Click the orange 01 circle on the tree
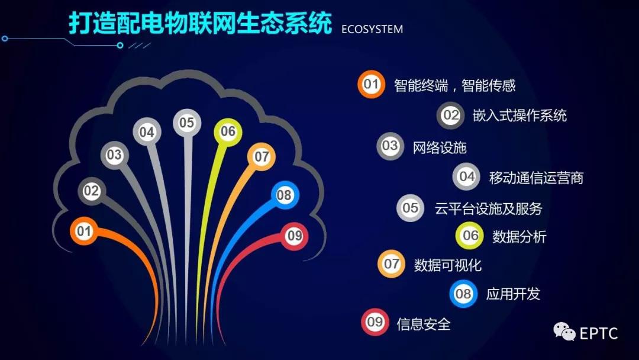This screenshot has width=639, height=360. (84, 231)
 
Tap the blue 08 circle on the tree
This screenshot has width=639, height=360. (285, 195)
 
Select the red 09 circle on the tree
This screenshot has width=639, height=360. (294, 236)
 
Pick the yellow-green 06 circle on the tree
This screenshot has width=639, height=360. (228, 132)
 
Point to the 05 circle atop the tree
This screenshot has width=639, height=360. (187, 123)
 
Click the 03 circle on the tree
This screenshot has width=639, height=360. (115, 155)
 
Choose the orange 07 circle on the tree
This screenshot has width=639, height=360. (262, 157)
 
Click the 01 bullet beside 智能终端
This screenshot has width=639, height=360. (371, 85)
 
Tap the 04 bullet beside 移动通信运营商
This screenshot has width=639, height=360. (466, 176)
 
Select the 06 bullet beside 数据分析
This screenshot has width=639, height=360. (469, 235)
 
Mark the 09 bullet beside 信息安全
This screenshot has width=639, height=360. (375, 322)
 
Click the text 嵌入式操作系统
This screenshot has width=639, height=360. (519, 116)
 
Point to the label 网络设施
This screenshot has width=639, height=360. (439, 147)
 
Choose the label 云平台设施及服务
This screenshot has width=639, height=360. (488, 209)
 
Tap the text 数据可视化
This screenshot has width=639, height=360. (448, 265)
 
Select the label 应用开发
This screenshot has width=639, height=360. (513, 294)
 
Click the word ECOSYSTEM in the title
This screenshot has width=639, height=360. (372, 30)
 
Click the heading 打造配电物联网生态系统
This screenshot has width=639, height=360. (201, 23)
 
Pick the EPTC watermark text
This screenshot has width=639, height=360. (599, 333)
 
